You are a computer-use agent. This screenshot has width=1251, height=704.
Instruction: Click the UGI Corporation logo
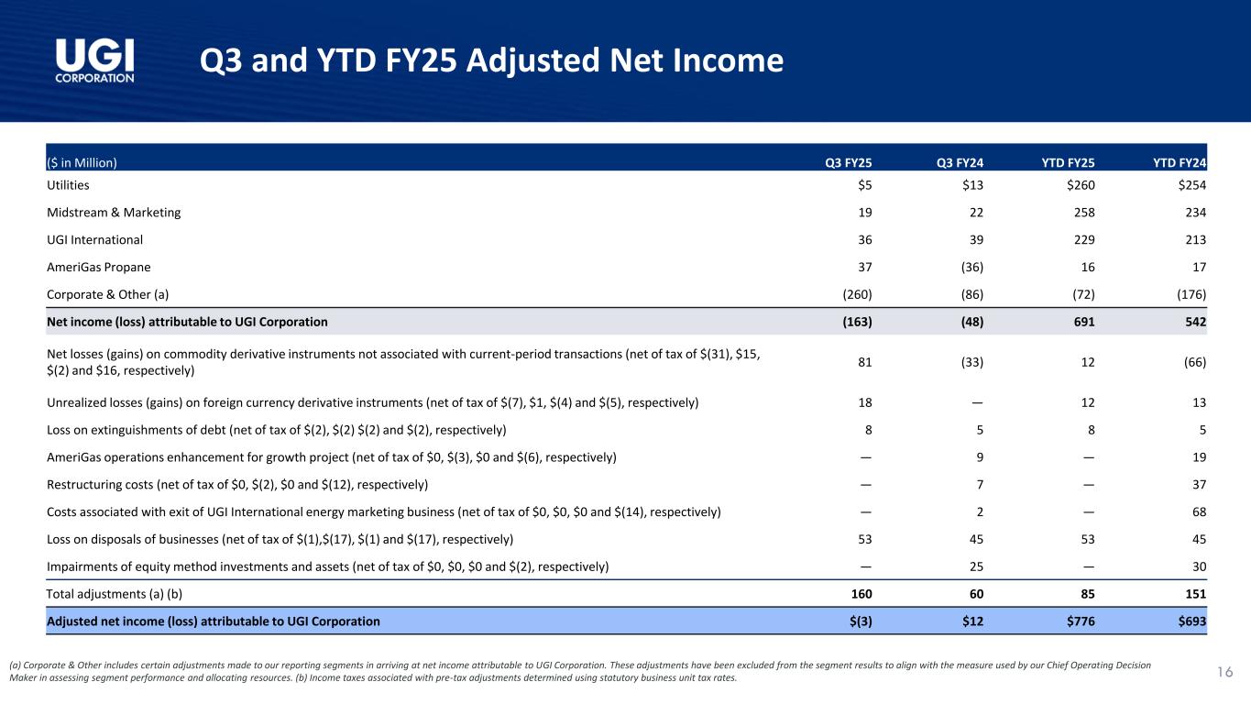94,60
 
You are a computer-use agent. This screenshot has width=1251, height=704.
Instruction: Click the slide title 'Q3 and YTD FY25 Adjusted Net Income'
491,60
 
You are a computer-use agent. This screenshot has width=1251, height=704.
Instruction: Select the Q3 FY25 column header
848,163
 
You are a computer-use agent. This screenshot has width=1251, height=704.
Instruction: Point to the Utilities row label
68,185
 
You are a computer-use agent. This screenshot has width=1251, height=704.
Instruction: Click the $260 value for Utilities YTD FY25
1080,185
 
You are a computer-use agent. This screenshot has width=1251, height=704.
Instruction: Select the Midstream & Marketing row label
114,213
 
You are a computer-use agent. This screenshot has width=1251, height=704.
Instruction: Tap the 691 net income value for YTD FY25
1083,322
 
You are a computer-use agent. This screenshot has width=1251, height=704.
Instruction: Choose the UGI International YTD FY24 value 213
1195,240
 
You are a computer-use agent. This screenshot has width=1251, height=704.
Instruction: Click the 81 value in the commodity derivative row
863,362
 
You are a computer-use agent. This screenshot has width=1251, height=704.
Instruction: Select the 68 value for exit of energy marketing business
1198,511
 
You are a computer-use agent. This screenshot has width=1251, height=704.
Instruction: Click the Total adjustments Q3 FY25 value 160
861,594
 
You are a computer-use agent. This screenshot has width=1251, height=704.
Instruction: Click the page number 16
1224,673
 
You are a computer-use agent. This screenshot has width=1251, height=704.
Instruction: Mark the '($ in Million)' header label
82,163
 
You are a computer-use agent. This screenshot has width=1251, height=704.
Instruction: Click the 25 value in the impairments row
976,566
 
